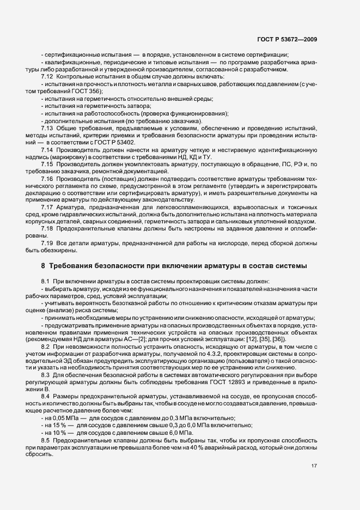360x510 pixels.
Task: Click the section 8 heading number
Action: click(43, 265)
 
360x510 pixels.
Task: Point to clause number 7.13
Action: click(46, 126)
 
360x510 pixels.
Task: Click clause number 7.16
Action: click(46, 178)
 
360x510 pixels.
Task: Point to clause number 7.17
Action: click(46, 207)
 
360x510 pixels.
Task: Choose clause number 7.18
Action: click(46, 229)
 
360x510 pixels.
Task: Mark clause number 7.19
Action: click(46, 242)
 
